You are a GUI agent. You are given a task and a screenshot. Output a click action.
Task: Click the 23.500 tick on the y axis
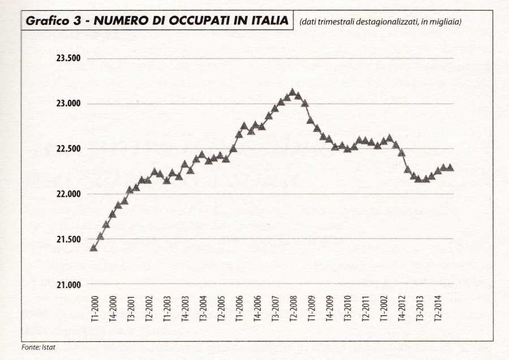click(68, 59)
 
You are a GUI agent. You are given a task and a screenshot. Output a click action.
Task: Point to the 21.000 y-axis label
click(68, 285)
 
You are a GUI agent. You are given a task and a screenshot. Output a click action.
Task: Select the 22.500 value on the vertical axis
click(68, 149)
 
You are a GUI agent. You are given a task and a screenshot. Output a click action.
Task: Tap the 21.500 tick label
click(68, 239)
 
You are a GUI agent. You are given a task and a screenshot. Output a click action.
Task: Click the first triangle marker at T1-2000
click(94, 247)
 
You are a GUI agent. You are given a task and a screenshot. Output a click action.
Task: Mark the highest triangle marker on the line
click(292, 92)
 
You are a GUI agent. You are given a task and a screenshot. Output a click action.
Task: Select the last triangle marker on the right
click(450, 168)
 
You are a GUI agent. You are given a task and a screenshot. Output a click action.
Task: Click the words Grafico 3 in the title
click(52, 22)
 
